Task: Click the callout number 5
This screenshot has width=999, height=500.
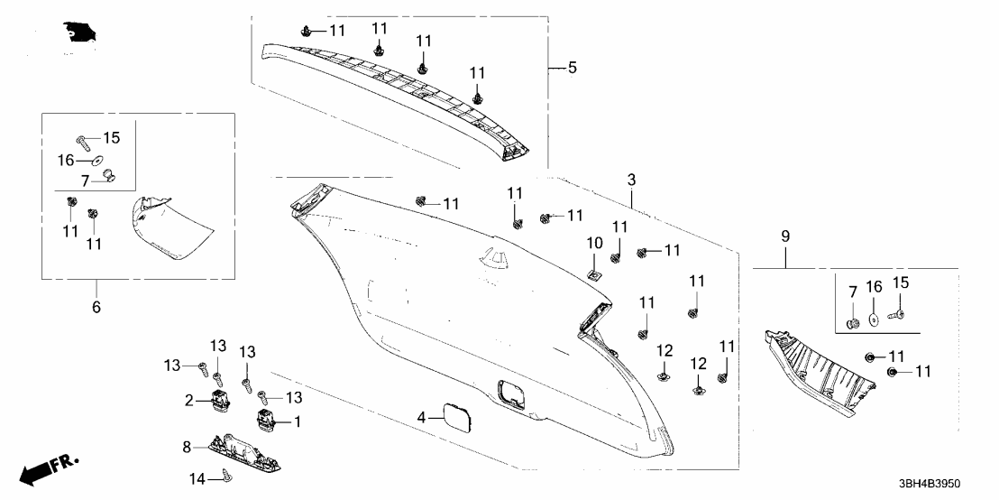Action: tap(571, 69)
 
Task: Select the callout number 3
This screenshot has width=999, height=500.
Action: tap(631, 181)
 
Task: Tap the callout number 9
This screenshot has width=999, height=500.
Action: tap(784, 236)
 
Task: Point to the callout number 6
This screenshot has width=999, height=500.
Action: tap(96, 307)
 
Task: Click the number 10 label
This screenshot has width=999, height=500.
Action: tap(594, 243)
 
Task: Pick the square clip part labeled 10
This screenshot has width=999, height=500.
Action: tap(594, 269)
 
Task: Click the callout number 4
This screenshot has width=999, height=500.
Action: tap(420, 417)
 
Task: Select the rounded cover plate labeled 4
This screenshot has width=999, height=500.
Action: tap(456, 418)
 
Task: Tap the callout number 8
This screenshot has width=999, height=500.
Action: tap(187, 446)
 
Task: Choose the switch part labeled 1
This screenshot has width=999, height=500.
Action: tap(266, 421)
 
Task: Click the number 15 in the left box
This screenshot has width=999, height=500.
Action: tap(111, 138)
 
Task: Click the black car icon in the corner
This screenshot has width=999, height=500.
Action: tap(80, 33)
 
